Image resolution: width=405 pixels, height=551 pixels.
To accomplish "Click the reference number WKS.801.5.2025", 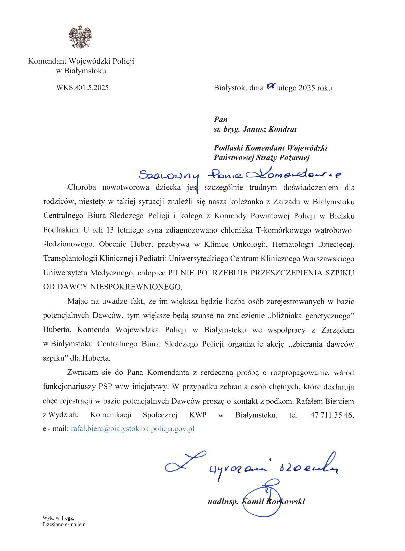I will (82, 88).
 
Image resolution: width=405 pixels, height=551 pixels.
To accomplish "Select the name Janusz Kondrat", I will (269, 129).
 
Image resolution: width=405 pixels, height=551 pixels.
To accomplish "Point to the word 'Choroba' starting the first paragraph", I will (82, 188).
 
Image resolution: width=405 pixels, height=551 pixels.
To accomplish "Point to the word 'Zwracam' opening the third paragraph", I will (82, 373).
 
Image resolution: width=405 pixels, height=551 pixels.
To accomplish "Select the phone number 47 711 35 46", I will (332, 415).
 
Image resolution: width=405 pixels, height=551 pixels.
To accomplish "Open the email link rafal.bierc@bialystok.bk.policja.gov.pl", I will (132, 429).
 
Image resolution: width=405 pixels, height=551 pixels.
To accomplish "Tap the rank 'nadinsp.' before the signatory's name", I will (223, 502).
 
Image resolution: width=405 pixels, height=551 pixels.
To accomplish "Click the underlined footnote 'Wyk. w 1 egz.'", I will (58, 518).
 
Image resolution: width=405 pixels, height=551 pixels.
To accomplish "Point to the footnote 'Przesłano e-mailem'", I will (64, 524).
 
